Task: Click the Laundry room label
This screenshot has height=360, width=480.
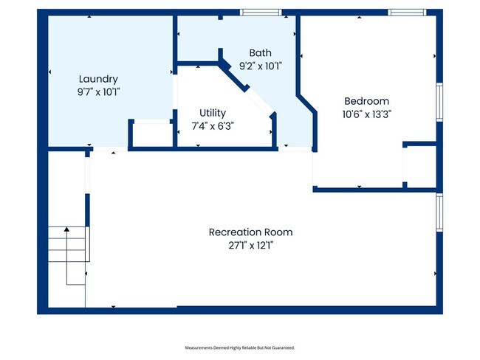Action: point(98,79)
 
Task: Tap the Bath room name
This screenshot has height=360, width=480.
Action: point(260,52)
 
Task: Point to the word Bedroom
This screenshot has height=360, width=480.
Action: point(366,101)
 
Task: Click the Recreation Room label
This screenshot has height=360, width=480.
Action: point(246,232)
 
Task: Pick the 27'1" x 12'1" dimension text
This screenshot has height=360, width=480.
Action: point(246,245)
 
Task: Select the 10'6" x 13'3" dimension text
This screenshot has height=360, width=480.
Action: point(366,114)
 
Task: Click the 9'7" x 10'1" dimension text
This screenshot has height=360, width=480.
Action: point(98,92)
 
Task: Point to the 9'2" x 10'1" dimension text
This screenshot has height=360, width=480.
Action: point(260,66)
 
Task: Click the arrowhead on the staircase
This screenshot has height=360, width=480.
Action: point(66,229)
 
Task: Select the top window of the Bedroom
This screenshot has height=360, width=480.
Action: point(407,12)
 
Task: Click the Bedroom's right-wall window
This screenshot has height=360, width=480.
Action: point(439,101)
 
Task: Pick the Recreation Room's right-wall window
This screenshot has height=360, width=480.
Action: point(439,212)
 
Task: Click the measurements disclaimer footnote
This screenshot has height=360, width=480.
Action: point(239,347)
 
